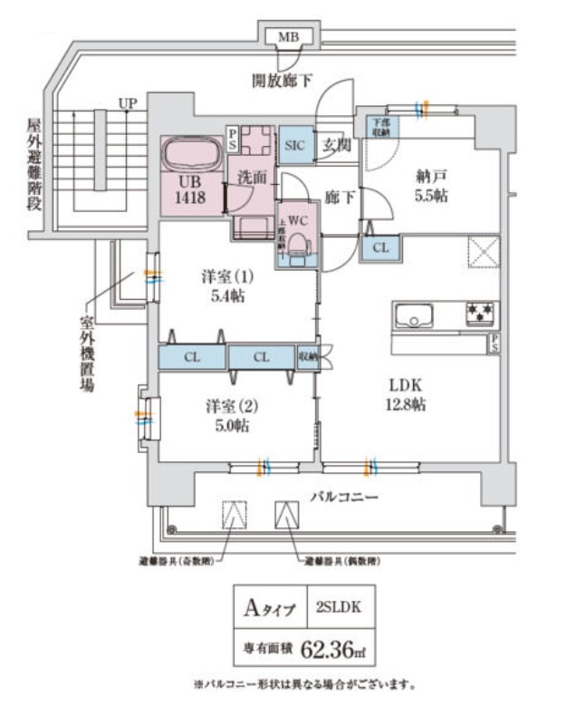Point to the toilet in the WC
point(302,237)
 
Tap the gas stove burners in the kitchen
point(480,314)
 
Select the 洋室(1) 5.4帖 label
point(226,286)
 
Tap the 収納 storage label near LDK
point(308,357)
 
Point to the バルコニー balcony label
point(344,497)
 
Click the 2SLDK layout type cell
point(339,608)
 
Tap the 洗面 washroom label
point(253,177)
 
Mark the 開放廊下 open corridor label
point(282,81)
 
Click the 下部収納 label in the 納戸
point(379,127)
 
